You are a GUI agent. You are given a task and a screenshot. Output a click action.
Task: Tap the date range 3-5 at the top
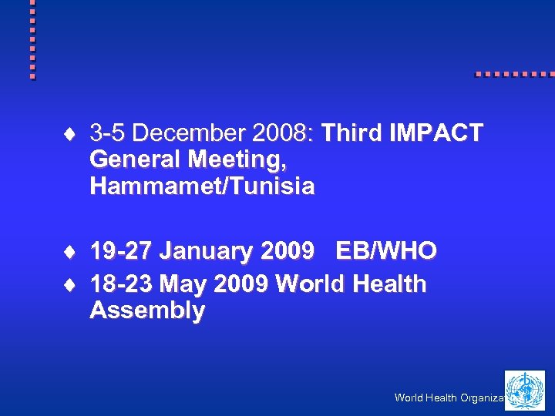click(108, 133)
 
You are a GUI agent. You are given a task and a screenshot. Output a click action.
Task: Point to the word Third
click(351, 133)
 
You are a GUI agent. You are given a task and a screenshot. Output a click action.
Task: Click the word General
click(133, 160)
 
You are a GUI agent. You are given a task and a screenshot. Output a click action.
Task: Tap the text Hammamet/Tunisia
click(202, 186)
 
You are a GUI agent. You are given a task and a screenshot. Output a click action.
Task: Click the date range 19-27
click(121, 251)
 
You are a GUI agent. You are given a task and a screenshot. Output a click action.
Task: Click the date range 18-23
click(121, 284)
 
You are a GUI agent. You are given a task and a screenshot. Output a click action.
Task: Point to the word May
click(182, 284)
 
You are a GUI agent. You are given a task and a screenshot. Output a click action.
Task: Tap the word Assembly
click(147, 310)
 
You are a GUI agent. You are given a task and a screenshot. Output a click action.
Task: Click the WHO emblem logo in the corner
click(524, 390)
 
